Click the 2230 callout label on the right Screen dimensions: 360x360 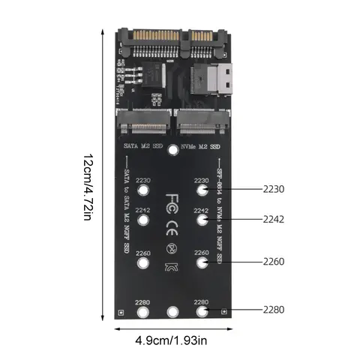click(273, 190)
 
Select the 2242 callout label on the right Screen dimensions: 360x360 click(273, 221)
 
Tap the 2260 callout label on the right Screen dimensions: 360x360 click(273, 262)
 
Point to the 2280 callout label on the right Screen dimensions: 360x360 click(273, 309)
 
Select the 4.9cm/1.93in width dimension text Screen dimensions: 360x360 click(172, 340)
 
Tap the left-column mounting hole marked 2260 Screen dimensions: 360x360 click(144, 263)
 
